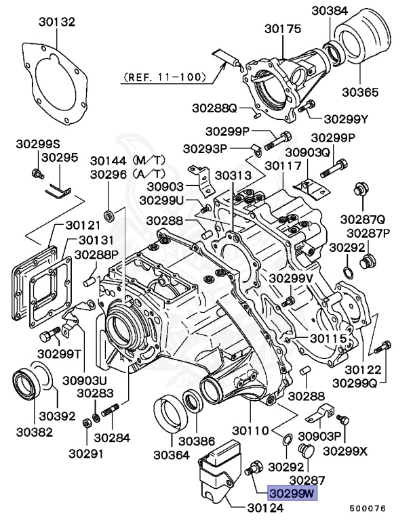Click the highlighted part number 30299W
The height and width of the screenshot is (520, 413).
tap(292, 494)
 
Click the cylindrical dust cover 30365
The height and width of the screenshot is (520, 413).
tap(366, 44)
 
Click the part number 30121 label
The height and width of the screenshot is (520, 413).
tap(83, 225)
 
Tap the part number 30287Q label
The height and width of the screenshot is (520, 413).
tap(363, 219)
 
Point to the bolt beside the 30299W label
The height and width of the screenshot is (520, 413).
tap(255, 468)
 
